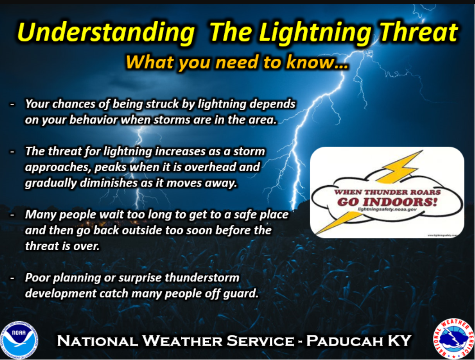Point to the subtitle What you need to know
[x=237, y=62]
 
